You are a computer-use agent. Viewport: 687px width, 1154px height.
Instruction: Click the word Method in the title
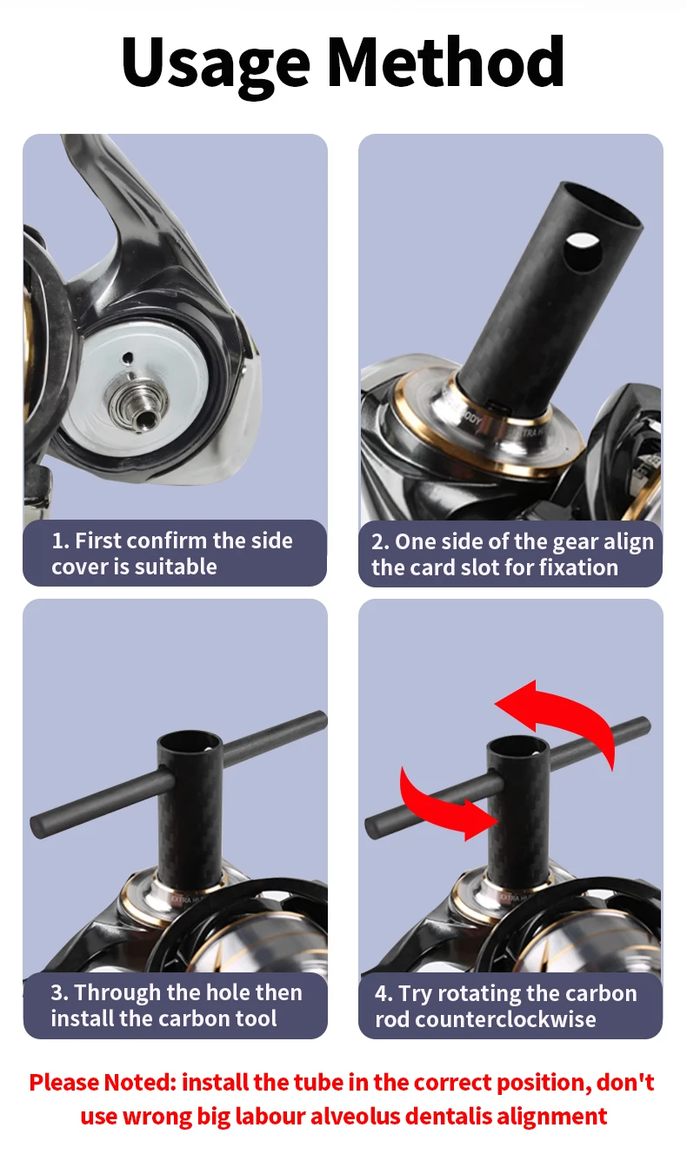pyautogui.click(x=446, y=62)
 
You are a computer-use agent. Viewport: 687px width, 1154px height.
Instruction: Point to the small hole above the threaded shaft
pyautogui.click(x=127, y=357)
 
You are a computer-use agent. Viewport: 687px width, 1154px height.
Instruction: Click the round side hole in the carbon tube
pyautogui.click(x=583, y=250)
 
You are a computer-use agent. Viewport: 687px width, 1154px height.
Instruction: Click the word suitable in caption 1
pyautogui.click(x=176, y=567)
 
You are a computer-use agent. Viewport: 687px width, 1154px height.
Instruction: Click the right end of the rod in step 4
pyautogui.click(x=644, y=726)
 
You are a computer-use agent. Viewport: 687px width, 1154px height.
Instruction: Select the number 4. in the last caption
pyautogui.click(x=384, y=993)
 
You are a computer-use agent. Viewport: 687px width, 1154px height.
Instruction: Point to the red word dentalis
pyautogui.click(x=449, y=1117)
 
